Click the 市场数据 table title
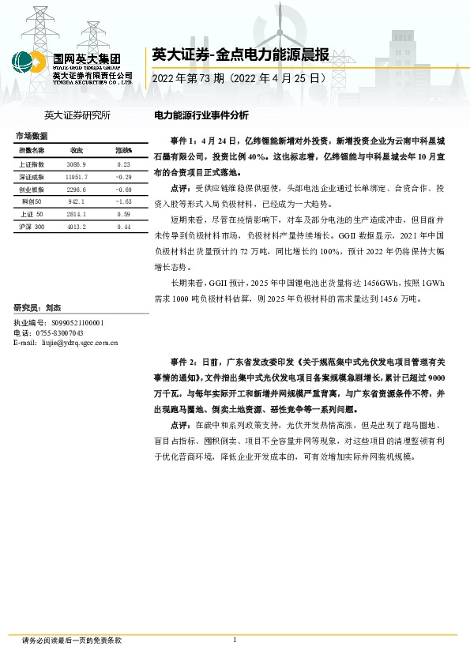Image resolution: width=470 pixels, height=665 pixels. coord(31,136)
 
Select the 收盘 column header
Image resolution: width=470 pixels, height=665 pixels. coord(77,150)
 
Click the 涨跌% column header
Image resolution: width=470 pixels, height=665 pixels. coord(123,150)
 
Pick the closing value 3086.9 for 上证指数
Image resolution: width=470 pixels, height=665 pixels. coord(77,163)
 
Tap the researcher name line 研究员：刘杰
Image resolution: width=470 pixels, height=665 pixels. coord(37,307)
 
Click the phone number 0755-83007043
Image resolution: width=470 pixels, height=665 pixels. coord(62,333)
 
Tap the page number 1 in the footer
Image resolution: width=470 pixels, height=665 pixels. coord(235,640)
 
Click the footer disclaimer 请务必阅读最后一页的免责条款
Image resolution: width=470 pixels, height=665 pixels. coord(72,641)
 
